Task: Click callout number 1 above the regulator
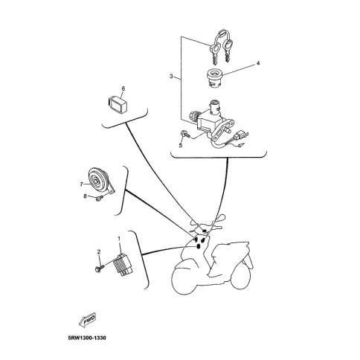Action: click(x=119, y=239)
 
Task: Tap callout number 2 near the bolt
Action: click(x=99, y=252)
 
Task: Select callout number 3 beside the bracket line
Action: click(x=171, y=76)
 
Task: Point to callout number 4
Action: click(x=258, y=63)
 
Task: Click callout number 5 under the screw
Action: click(x=181, y=145)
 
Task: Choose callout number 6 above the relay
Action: click(x=123, y=89)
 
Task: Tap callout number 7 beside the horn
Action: click(x=81, y=184)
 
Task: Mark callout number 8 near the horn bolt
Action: click(x=85, y=196)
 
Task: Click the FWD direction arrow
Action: click(x=87, y=319)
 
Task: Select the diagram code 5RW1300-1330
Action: click(x=87, y=338)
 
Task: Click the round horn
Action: click(x=99, y=179)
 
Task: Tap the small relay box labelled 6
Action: click(x=118, y=104)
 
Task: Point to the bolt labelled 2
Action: click(x=100, y=269)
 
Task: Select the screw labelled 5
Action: click(x=184, y=134)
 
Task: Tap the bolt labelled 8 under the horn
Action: click(x=99, y=199)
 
